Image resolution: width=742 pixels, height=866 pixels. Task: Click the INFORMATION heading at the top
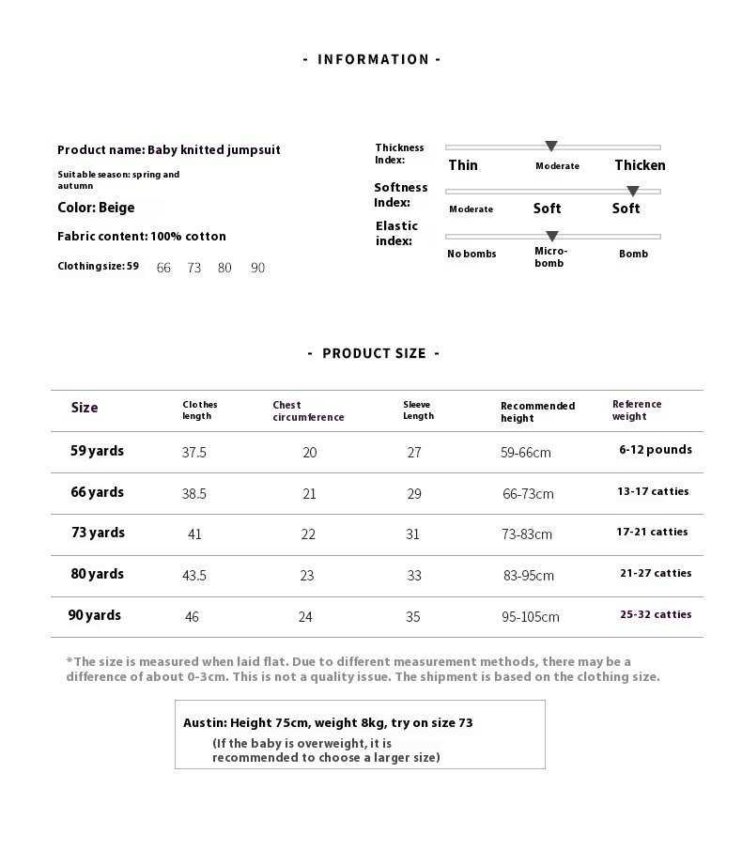[x=372, y=59]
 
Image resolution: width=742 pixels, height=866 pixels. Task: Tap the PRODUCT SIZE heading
[x=373, y=353]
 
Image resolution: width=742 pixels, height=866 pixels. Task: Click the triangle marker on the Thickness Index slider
[x=551, y=147]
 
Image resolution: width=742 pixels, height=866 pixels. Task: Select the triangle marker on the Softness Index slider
[x=633, y=192]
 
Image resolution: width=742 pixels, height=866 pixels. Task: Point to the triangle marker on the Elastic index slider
[x=552, y=236]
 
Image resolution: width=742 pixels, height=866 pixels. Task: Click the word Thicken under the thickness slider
[x=640, y=165]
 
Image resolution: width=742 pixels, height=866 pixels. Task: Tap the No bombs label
[x=471, y=254]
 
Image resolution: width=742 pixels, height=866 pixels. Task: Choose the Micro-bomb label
[x=550, y=256]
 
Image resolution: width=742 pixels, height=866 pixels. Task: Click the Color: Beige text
[x=96, y=208]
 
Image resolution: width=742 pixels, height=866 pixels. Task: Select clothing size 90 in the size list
[x=258, y=268]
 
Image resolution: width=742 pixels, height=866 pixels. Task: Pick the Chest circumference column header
[x=308, y=411]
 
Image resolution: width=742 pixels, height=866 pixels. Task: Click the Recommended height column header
[x=537, y=411]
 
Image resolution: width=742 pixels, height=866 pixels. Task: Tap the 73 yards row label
[x=98, y=533]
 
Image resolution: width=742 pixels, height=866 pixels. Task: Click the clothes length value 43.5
[x=194, y=576]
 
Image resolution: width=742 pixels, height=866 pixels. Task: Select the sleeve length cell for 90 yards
[x=413, y=617]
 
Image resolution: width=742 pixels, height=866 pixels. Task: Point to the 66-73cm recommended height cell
[x=528, y=493]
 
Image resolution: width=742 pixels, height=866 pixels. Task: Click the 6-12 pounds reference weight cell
[x=656, y=450]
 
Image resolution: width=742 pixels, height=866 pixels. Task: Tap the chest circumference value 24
[x=305, y=617]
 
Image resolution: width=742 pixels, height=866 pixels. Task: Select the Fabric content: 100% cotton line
[x=142, y=237]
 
